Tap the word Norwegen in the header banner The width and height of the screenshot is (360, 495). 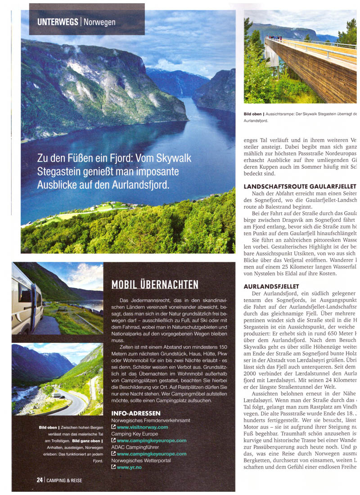tap(99, 22)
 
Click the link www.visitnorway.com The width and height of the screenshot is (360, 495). tap(142, 427)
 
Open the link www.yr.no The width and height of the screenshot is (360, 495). tap(129, 468)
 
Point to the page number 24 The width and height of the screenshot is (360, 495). tap(40, 480)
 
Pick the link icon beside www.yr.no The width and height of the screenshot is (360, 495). tap(113, 468)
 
